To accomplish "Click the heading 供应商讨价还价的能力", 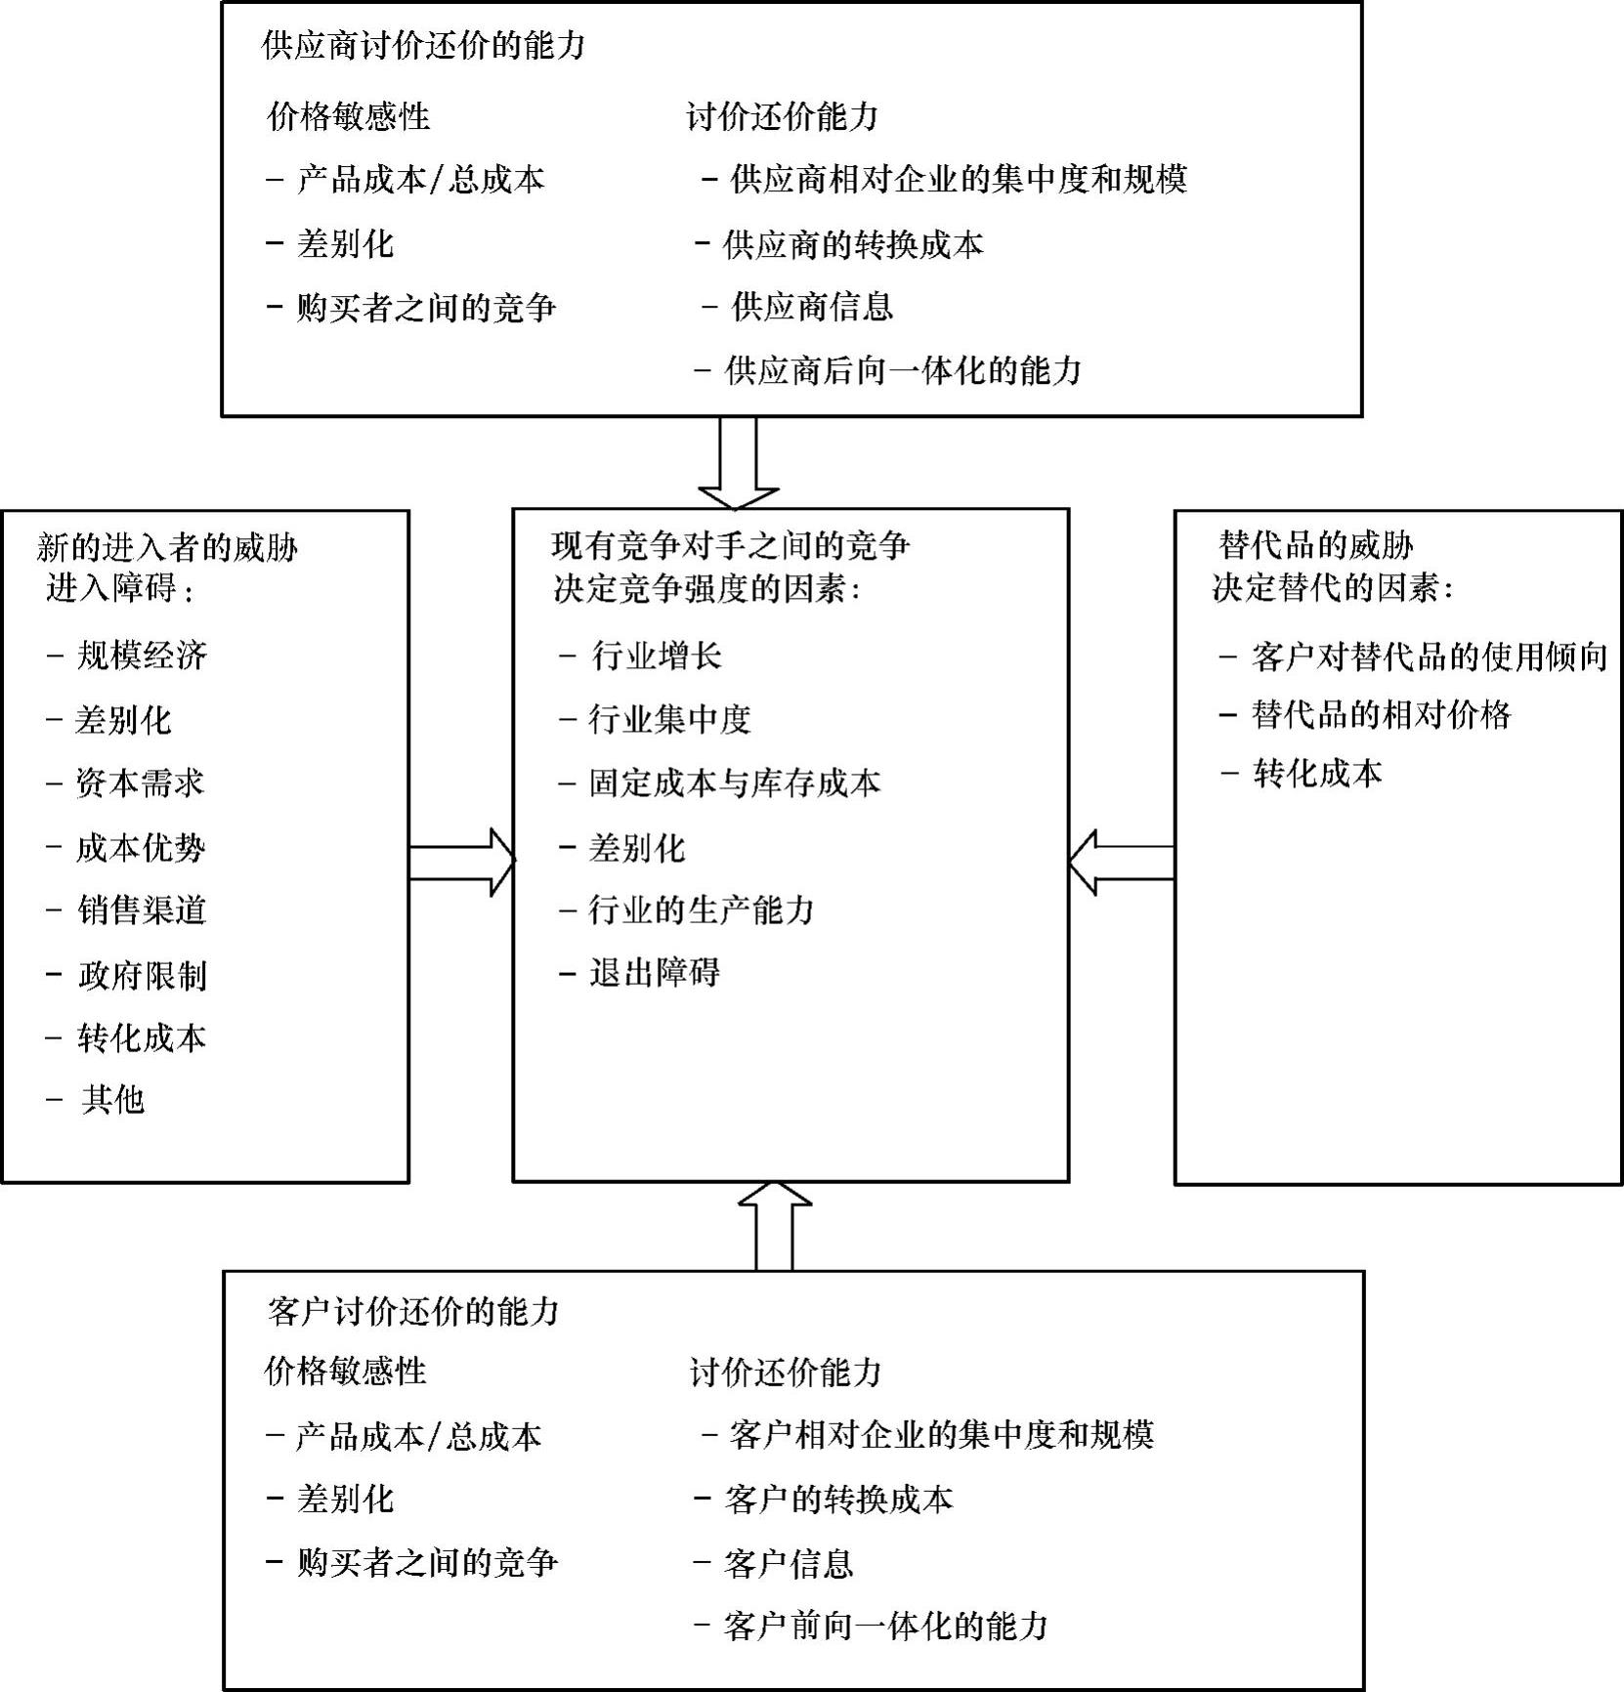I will (424, 45).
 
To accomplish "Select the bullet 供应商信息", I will (812, 307).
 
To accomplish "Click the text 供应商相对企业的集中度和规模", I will (958, 179).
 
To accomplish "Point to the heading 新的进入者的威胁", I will (167, 546).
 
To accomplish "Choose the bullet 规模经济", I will (142, 655).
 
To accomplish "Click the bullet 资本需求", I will (140, 783).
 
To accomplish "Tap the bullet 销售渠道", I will (142, 910).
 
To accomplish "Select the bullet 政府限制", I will (142, 975).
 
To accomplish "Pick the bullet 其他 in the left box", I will (112, 1100).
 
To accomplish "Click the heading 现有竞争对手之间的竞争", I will (730, 545).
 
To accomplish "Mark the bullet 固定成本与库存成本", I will (734, 783).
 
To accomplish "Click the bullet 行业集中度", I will (669, 719).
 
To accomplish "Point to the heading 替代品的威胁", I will (1316, 545).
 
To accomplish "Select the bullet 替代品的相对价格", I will (1381, 715).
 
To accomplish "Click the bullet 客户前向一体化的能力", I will (885, 1626).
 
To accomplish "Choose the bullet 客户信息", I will (789, 1563).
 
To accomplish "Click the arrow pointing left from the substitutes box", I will (1121, 863).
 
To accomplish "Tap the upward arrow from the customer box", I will (774, 1226).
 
